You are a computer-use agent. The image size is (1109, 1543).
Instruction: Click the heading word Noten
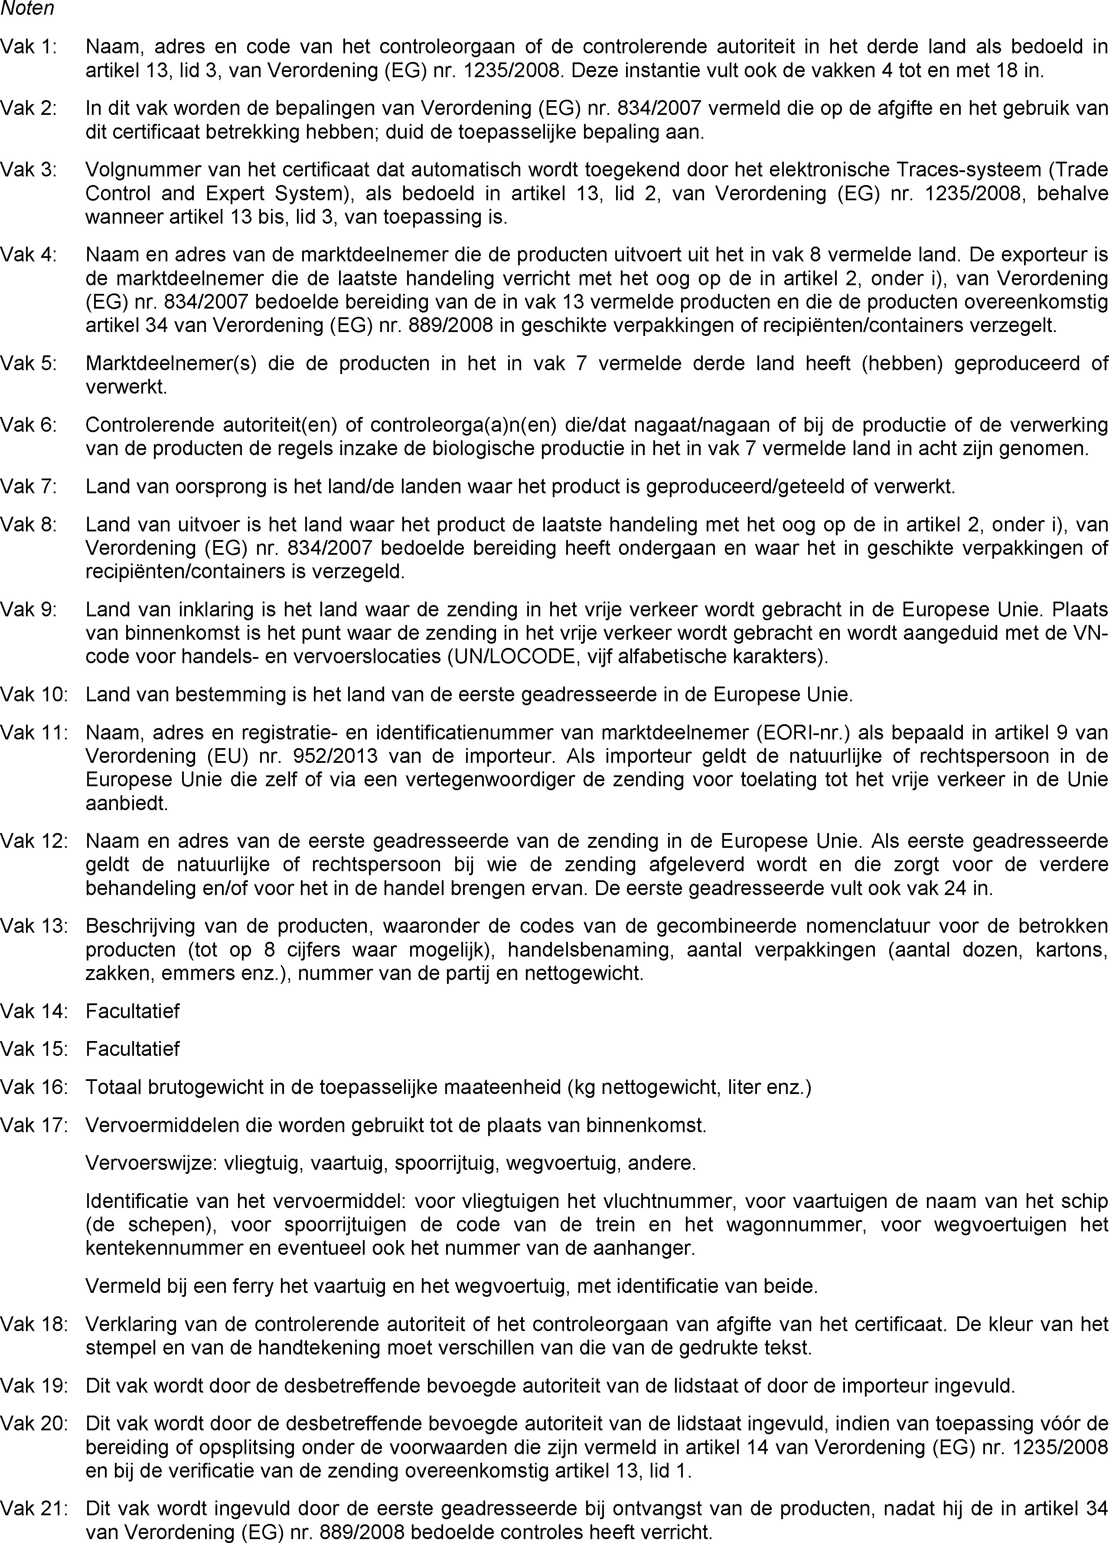pos(27,9)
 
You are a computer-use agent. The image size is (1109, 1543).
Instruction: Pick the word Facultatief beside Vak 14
pos(133,1011)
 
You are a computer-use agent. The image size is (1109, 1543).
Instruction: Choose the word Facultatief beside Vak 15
pos(133,1048)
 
